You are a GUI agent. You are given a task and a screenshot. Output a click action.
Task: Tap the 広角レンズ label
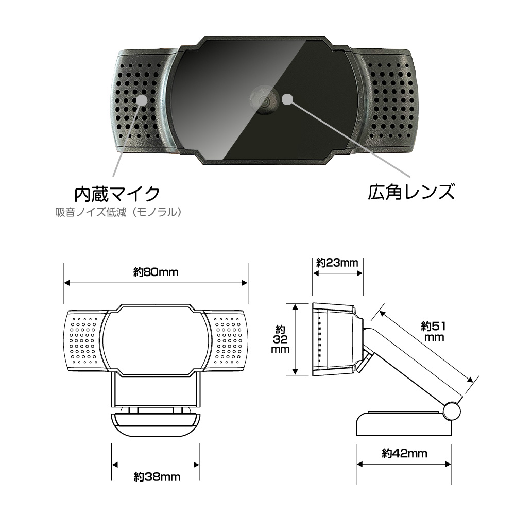point(411,192)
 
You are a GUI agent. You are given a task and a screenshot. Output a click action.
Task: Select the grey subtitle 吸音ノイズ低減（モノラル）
point(118,212)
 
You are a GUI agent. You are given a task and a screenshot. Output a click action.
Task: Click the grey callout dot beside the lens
point(287,99)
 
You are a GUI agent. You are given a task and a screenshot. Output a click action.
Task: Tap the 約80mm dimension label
point(156,272)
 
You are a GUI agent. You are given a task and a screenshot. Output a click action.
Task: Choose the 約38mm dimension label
point(157,476)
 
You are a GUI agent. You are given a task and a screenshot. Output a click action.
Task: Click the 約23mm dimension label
point(337,263)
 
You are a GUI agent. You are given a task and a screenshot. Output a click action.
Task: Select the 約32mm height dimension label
point(280,339)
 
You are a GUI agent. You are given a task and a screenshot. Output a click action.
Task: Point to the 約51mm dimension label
point(434,331)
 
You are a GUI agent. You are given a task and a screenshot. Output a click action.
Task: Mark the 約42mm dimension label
point(404,454)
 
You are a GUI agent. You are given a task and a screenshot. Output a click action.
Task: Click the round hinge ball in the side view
point(452,411)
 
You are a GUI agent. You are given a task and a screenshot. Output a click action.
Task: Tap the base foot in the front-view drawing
point(156,424)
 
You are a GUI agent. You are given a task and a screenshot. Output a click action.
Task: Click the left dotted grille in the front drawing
point(83,340)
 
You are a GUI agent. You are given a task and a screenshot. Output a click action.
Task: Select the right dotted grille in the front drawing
point(228,340)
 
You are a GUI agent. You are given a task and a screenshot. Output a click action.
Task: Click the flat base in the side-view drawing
point(404,424)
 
